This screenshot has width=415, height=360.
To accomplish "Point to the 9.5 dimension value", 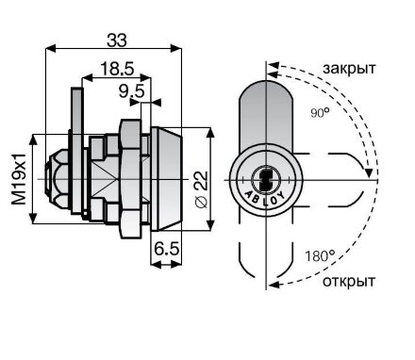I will point(131,91).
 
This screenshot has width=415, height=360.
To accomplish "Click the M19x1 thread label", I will point(16,178).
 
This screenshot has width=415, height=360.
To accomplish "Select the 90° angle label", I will point(319,113).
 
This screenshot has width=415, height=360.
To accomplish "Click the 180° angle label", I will point(318,254).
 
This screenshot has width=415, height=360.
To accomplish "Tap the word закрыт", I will point(348,70).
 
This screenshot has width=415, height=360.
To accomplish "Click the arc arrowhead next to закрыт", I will point(273,68).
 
